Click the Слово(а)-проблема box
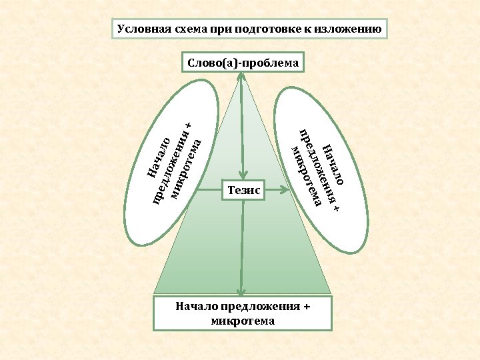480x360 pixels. [242, 63]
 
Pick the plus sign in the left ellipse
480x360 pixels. [189, 125]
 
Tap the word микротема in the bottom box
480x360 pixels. [242, 321]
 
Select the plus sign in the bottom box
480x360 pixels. [307, 307]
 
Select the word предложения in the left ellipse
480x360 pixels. [173, 163]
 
